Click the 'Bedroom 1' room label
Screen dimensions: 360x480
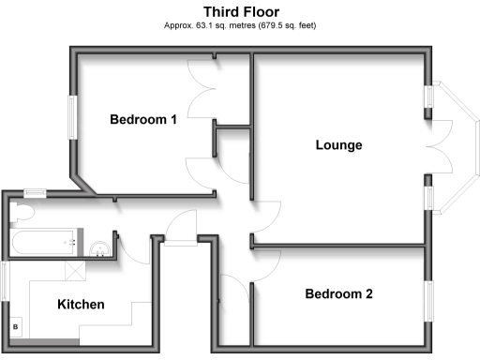coord(143,119)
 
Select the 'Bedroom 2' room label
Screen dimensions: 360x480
coord(338,293)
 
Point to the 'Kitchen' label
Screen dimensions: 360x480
coord(82,305)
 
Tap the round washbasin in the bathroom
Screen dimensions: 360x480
coord(99,248)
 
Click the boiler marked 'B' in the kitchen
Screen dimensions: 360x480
coord(16,325)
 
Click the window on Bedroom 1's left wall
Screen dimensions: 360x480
coord(70,120)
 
